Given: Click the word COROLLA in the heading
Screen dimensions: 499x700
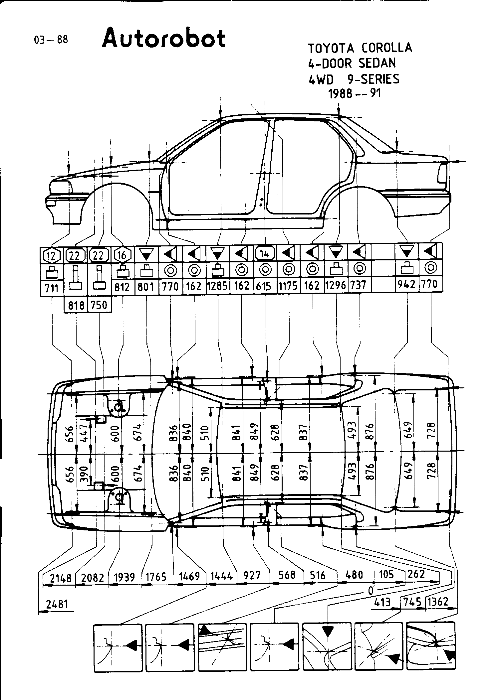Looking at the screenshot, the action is coord(387,48).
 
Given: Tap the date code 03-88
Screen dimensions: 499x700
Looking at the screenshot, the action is coord(51,40).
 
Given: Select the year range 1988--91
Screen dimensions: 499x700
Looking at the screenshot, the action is coord(354,94).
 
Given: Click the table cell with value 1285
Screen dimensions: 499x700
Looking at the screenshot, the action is coord(217,286).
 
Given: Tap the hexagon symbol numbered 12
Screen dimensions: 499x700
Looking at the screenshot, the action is coord(52,255).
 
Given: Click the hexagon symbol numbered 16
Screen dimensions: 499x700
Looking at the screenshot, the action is coord(123,255).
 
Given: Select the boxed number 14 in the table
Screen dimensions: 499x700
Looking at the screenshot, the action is coord(265,254).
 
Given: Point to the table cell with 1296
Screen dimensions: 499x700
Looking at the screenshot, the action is coord(336,285).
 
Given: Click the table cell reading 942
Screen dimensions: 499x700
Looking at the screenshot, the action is coord(407,285).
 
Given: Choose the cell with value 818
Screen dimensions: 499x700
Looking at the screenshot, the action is coord(76,305).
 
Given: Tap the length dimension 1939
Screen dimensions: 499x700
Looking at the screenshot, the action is coord(124,577).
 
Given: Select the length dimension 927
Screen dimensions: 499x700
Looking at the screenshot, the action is coord(252,575).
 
